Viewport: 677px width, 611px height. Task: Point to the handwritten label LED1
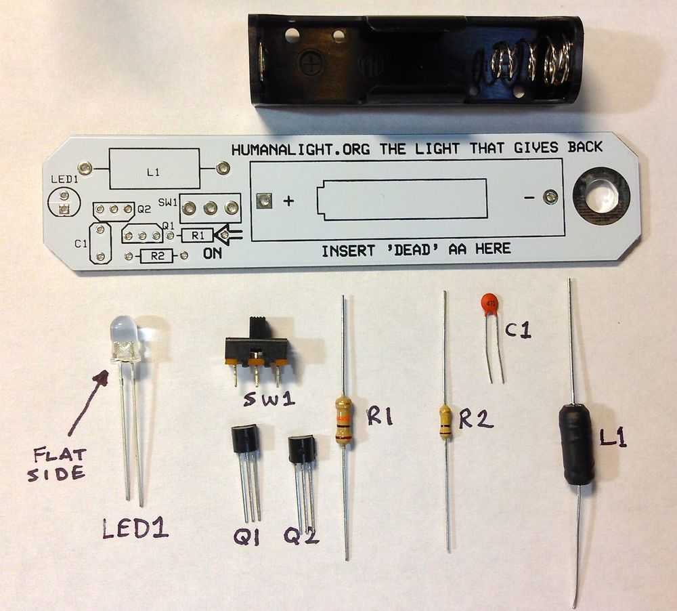coord(135,528)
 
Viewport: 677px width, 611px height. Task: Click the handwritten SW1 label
coord(269,400)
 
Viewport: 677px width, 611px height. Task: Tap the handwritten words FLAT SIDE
coord(57,461)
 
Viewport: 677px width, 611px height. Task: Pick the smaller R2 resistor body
coord(445,422)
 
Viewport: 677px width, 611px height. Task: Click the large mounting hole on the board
coord(601,196)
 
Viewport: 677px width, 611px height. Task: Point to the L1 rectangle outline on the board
coord(154,169)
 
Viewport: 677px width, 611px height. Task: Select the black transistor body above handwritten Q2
coord(301,449)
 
